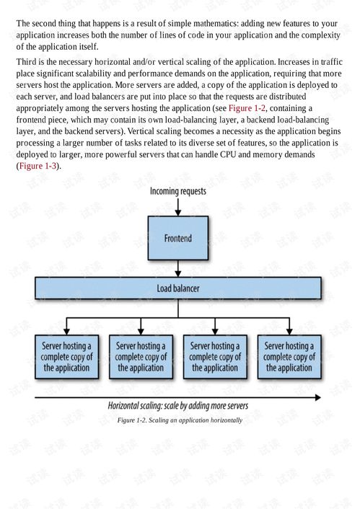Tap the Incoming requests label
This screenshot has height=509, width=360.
tap(178, 191)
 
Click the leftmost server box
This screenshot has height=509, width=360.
tap(66, 356)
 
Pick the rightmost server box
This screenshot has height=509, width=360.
tap(289, 356)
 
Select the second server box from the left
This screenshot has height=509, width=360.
tap(141, 356)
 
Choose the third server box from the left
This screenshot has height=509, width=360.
tap(215, 356)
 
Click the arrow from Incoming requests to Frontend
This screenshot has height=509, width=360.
tap(178, 206)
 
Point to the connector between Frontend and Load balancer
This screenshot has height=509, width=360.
tap(178, 269)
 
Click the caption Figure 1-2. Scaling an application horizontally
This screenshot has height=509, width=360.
tap(180, 420)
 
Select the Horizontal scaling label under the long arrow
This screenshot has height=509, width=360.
tap(179, 406)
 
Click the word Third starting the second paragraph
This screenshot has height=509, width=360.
tap(28, 61)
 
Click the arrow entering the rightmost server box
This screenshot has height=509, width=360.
tap(289, 326)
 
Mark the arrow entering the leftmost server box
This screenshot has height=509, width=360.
tap(66, 326)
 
